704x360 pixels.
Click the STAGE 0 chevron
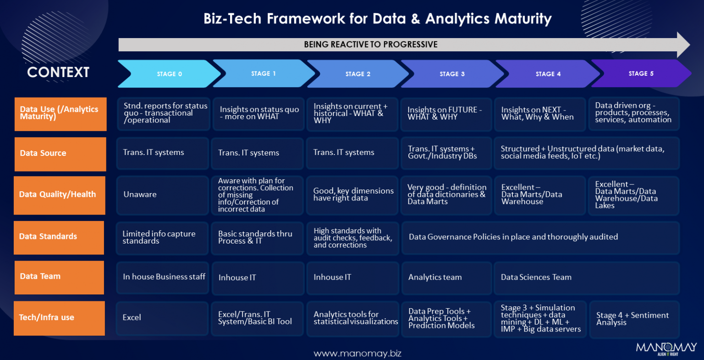pos(169,74)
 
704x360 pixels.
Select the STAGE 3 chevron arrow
pos(452,74)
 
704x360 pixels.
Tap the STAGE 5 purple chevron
pos(641,73)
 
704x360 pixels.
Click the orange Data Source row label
pos(60,154)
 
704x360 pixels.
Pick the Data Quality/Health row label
pos(60,195)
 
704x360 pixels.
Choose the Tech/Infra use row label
pos(59,318)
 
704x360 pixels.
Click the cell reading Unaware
pos(162,194)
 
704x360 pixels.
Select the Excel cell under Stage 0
pos(162,318)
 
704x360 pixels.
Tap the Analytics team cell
pos(446,277)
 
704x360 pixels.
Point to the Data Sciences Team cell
pos(586,277)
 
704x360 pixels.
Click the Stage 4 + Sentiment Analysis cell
pos(633,319)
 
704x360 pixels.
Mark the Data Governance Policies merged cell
pos(540,237)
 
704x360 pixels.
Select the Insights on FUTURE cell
pos(445,114)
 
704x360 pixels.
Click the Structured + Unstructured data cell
pos(586,153)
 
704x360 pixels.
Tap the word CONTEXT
pos(58,72)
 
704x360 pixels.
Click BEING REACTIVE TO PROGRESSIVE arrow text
pos(370,44)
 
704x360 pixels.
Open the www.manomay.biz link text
pos(357,354)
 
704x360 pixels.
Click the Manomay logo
pos(666,349)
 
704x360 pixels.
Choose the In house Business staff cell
pos(163,277)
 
